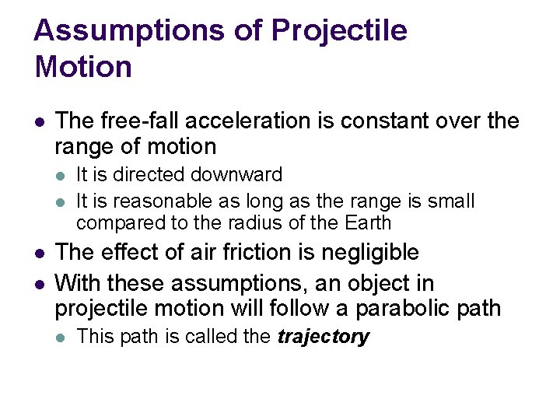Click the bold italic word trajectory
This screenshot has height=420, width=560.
pos(323,337)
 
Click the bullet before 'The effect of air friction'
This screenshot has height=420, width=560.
pos(40,254)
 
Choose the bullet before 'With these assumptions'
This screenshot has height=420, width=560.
pos(40,283)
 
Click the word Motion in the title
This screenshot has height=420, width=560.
pos(83,67)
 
